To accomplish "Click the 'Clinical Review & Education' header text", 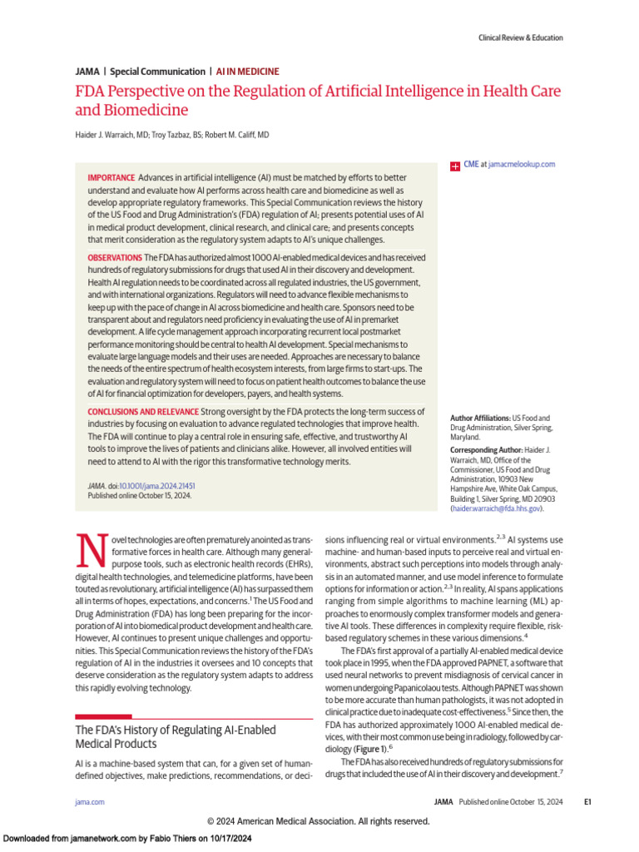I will coord(520,37).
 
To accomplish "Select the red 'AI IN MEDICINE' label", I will coord(247,72).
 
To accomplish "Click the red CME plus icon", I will coord(454,166).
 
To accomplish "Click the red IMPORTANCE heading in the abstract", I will coord(111,178).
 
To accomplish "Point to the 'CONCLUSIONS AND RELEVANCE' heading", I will coord(142,412).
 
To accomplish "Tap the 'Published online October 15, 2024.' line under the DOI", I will coord(139,496).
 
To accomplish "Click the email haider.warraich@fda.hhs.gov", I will coord(496,508).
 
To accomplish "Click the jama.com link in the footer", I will coord(90,802).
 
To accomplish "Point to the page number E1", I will coord(587,802).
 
